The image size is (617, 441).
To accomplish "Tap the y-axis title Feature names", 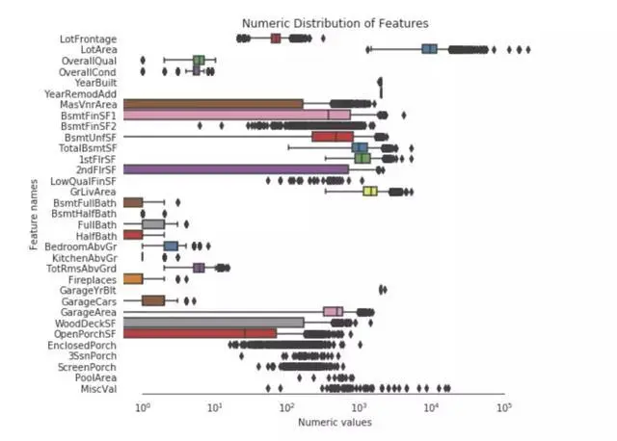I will coord(34,214).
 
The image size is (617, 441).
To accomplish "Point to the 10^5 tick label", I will coord(502,408).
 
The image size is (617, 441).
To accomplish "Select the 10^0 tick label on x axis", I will coord(143,408).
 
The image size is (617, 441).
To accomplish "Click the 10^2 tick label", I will coord(286,408).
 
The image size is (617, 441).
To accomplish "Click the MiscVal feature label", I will coord(98,389).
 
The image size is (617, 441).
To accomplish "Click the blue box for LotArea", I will coord(430,49).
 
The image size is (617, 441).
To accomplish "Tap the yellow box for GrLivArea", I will coord(369,191).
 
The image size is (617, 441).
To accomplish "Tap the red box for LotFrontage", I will coord(276,38).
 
